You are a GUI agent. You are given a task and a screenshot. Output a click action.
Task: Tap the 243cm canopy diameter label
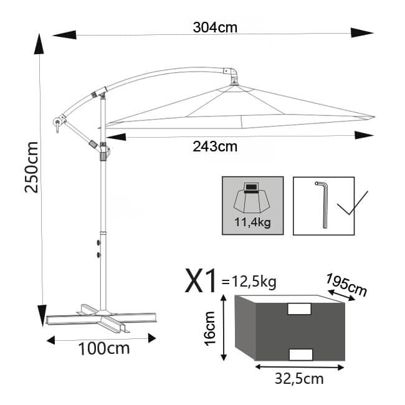215,147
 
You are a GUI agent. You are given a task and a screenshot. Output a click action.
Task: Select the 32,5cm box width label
300,377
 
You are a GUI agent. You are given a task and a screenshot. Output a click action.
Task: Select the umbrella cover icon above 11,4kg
252,198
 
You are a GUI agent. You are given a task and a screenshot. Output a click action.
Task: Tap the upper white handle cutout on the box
299,309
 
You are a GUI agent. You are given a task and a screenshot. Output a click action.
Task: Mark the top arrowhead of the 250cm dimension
41,44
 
